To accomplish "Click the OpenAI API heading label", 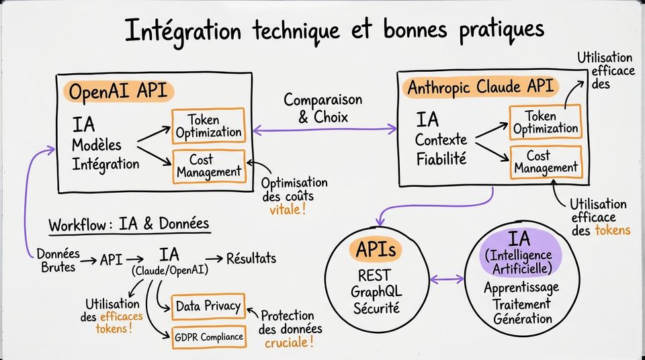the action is [x=118, y=91].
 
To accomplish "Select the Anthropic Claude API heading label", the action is [x=480, y=87].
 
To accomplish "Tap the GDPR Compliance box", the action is [x=209, y=337].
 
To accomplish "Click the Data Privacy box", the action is [x=208, y=306].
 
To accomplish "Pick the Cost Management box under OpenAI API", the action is [x=209, y=166].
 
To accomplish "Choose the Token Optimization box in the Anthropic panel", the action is [x=546, y=122].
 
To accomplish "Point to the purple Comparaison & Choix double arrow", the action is [x=325, y=130].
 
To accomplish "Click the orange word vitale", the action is [x=288, y=210].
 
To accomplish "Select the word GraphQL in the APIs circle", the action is [x=376, y=292].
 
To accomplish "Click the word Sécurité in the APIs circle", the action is [x=376, y=308].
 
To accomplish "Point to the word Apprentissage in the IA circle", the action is [x=521, y=288].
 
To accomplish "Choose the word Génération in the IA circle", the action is [x=523, y=318].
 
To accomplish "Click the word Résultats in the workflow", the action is [x=251, y=259].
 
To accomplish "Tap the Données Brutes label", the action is [x=58, y=261].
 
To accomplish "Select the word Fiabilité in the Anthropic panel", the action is [x=441, y=159].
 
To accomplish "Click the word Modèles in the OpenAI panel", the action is [x=97, y=145].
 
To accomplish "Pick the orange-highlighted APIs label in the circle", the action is [x=376, y=249].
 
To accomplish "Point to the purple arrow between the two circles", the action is [x=447, y=280].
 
